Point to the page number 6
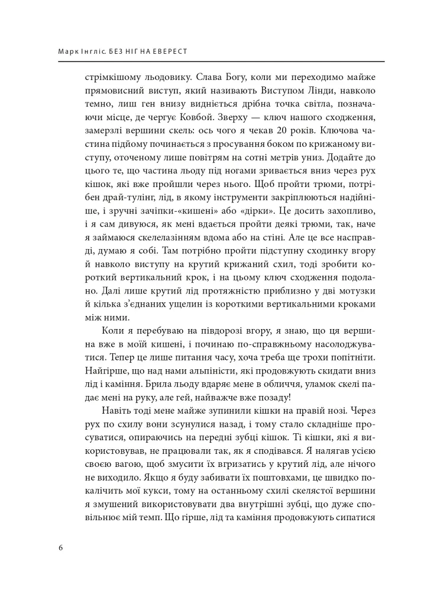click(62, 547)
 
